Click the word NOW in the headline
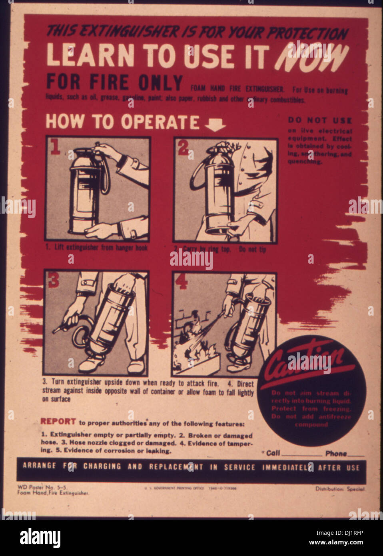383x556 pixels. point(311,57)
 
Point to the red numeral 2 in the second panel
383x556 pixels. point(183,148)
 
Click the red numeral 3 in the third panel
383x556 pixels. point(53,280)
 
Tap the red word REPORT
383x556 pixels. point(58,421)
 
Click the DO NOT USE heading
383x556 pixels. point(320,120)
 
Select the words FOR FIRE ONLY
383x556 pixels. point(114,82)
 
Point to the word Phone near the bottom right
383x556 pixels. point(336,453)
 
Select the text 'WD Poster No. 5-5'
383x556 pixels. point(42,487)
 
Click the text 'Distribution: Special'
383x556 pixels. point(340,489)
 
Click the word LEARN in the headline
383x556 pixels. point(90,56)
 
